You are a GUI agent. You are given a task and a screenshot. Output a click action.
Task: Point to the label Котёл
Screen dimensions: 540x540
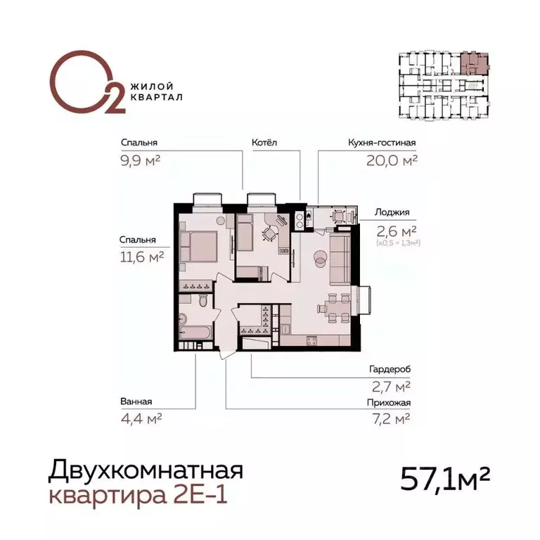tap(264, 143)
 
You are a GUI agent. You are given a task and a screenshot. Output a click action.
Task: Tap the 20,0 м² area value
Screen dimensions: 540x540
tap(392, 160)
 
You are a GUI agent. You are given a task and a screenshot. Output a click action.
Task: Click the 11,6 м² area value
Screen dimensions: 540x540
tap(141, 257)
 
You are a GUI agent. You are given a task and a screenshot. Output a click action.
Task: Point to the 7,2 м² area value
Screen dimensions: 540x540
tap(392, 420)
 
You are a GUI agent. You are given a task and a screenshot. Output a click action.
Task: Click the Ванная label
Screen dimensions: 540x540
tap(136, 402)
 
